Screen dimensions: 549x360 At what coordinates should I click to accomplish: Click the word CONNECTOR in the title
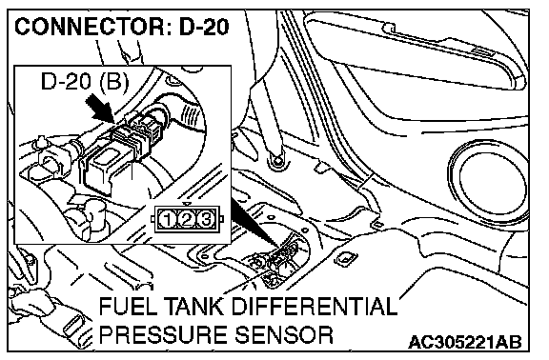click(x=91, y=27)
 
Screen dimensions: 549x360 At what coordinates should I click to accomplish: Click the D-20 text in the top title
click(x=204, y=27)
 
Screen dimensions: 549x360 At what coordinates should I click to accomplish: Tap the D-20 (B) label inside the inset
click(x=85, y=82)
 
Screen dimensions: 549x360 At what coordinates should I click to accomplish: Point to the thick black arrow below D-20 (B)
click(x=99, y=110)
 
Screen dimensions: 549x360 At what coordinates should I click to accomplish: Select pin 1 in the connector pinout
click(x=167, y=220)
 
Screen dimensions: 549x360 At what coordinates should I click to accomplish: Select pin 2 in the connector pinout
click(x=187, y=220)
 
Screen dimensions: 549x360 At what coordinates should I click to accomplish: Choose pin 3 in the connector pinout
click(x=206, y=220)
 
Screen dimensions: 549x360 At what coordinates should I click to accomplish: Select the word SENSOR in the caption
click(x=284, y=335)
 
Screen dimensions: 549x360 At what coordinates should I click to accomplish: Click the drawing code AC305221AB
click(x=465, y=342)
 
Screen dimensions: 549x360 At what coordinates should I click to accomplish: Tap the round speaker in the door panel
click(x=489, y=182)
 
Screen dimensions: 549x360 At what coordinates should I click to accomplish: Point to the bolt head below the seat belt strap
click(x=277, y=161)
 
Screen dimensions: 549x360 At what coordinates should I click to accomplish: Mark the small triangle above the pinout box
click(x=188, y=204)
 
